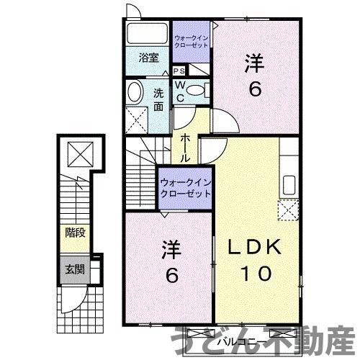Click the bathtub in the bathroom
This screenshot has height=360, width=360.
tap(148, 35)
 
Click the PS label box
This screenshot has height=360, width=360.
tap(179, 71)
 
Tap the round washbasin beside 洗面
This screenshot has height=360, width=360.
tap(135, 92)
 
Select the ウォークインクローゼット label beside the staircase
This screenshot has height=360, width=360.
tap(186, 188)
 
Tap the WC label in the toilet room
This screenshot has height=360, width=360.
tap(179, 91)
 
